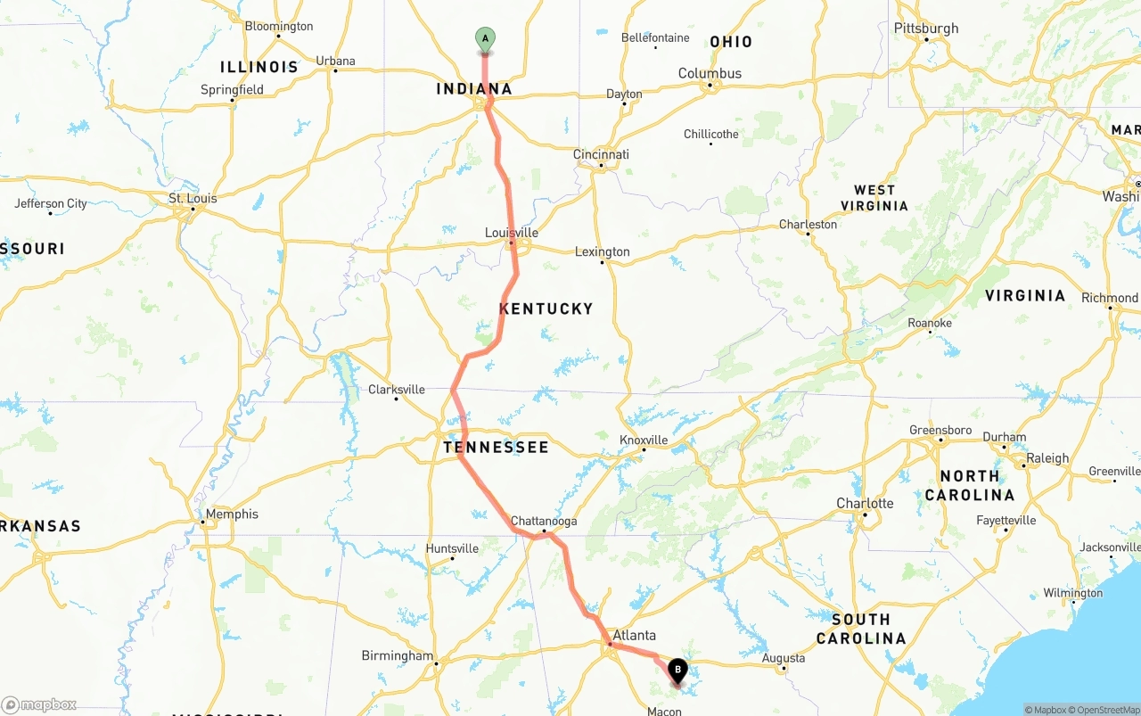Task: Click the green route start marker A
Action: tap(485, 39)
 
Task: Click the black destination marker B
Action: tap(677, 670)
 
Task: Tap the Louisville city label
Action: tap(512, 233)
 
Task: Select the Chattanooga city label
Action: tap(544, 521)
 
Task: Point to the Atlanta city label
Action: tap(634, 636)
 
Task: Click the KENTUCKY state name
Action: tap(546, 309)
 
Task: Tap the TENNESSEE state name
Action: tap(496, 447)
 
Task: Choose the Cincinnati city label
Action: tap(601, 154)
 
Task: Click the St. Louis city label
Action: tap(193, 198)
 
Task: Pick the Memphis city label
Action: tap(232, 514)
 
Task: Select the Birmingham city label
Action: tap(397, 655)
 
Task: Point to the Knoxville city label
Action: tap(644, 440)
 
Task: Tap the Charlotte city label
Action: tap(865, 503)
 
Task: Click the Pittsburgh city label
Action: tap(926, 29)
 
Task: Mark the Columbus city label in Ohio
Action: tap(710, 73)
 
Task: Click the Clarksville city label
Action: tap(397, 390)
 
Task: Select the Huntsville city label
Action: tap(452, 548)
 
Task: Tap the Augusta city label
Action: tap(784, 658)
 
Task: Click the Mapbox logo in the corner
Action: tap(38, 704)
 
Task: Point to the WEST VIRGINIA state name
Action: tap(874, 197)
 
